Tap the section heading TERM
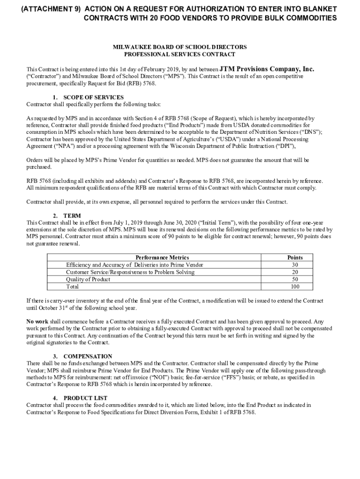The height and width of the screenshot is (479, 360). pyautogui.click(x=72, y=216)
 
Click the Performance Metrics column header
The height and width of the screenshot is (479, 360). pyautogui.click(x=162, y=258)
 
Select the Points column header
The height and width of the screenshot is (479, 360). pyautogui.click(x=295, y=258)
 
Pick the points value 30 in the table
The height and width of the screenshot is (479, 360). pyautogui.click(x=295, y=265)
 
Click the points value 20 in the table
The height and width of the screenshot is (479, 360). pyautogui.click(x=295, y=272)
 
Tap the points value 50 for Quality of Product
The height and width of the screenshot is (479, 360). pyautogui.click(x=295, y=279)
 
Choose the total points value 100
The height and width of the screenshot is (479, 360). pyautogui.click(x=295, y=287)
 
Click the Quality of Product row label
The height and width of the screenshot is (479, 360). pyautogui.click(x=88, y=279)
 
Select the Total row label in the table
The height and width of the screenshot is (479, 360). pyautogui.click(x=72, y=287)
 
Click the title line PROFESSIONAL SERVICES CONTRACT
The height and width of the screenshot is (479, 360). pyautogui.click(x=180, y=54)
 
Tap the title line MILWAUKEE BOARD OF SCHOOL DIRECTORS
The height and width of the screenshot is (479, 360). pyautogui.click(x=180, y=47)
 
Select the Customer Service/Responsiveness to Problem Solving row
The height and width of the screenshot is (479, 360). pyautogui.click(x=130, y=272)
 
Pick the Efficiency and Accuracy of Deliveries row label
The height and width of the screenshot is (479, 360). pyautogui.click(x=135, y=265)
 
